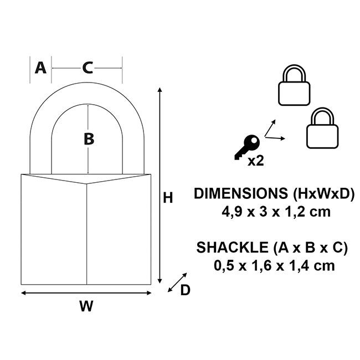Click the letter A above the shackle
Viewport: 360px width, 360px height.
(x=40, y=68)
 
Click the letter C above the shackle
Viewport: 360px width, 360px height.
(x=88, y=68)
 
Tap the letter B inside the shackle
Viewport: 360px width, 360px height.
(x=89, y=140)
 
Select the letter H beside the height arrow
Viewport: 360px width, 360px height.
(x=168, y=198)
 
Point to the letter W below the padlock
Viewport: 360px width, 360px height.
(x=86, y=306)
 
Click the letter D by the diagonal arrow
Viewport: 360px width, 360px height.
(x=185, y=290)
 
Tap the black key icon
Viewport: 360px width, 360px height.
(x=246, y=147)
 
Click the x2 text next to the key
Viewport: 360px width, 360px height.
(x=255, y=161)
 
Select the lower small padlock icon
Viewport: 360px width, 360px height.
(x=322, y=128)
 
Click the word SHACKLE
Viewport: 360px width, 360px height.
(x=228, y=248)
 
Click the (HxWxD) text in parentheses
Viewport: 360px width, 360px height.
(x=321, y=194)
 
